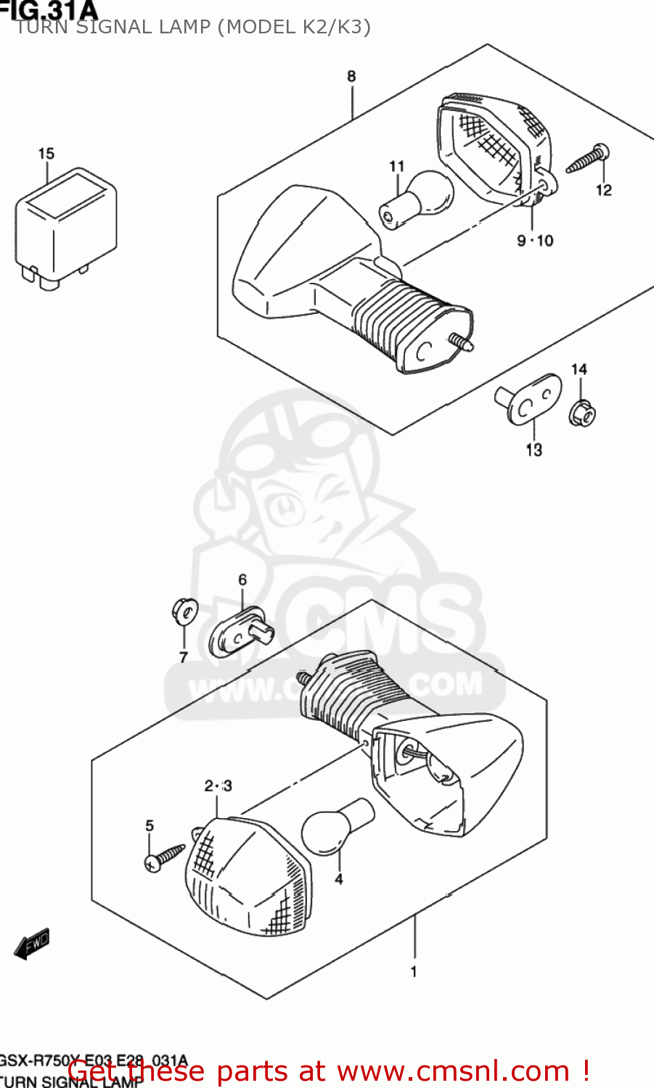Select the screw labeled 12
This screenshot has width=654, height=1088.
tap(588, 160)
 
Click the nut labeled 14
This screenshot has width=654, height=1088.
tap(582, 413)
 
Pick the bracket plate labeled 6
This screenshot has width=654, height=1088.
tap(240, 631)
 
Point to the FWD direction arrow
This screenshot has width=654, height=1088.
tap(32, 944)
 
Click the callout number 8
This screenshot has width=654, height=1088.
tap(351, 76)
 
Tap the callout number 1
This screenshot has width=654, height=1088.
tap(414, 971)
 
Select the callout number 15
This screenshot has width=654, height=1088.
tap(46, 154)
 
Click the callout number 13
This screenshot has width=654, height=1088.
tap(534, 450)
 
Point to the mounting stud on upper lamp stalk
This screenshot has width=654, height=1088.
tap(462, 342)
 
